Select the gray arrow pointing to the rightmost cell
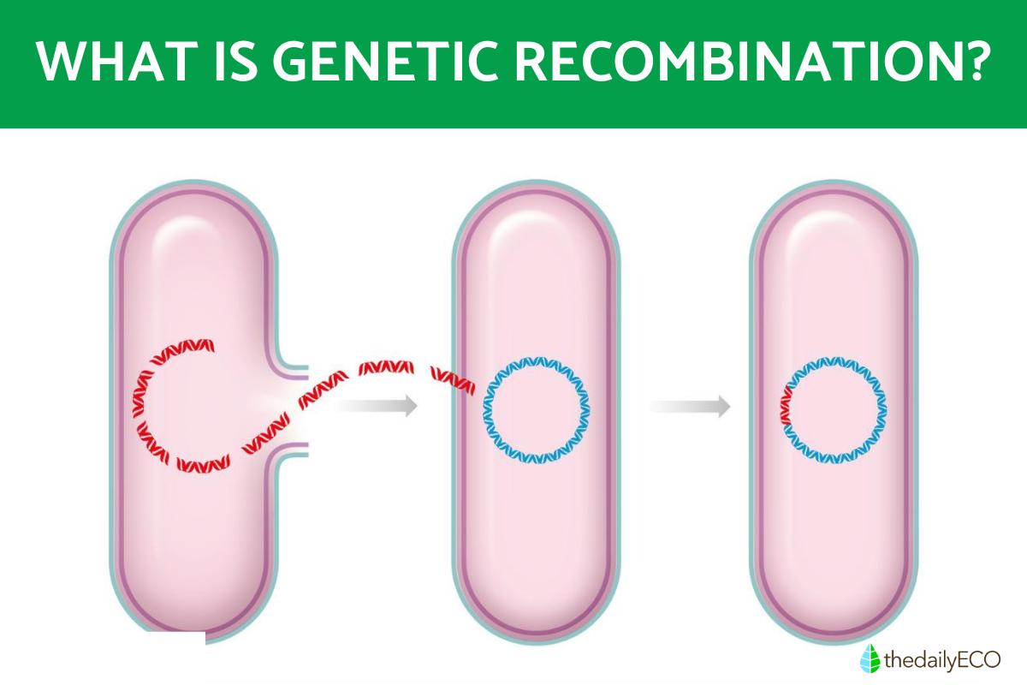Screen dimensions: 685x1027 point(690,406)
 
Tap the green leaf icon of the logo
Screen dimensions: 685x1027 point(870,658)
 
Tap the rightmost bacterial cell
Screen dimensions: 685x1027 point(834,531)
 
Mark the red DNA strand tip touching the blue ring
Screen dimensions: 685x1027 point(473,387)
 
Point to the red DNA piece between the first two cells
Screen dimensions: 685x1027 point(385,370)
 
